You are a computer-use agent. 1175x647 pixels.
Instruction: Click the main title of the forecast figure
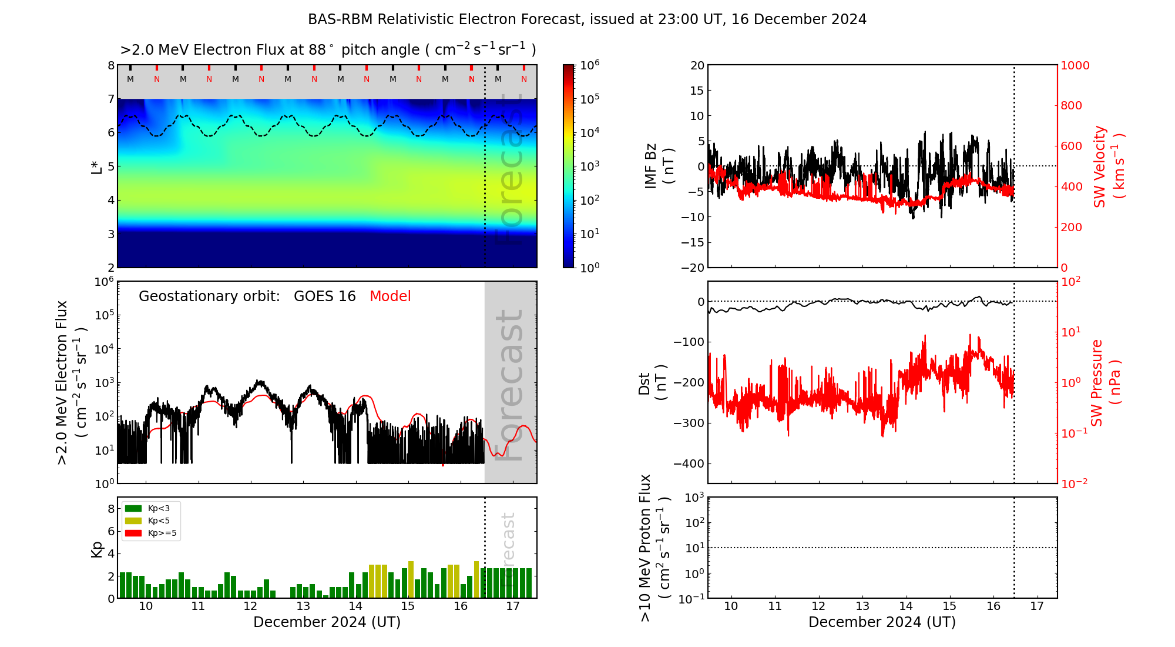[x=587, y=19]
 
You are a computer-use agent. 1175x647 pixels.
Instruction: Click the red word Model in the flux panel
[x=390, y=296]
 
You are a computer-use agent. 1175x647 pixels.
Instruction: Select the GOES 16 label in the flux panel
[x=325, y=296]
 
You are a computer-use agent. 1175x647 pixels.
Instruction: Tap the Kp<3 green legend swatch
[x=133, y=508]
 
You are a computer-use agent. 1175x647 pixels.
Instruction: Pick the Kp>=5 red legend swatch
[x=133, y=533]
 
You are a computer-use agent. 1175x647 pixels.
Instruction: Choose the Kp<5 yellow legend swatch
[x=133, y=521]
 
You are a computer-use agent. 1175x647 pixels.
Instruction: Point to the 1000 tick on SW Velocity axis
[x=1075, y=65]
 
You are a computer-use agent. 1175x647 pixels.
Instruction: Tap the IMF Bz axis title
[x=659, y=166]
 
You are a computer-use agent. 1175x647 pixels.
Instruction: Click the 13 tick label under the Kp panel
[x=303, y=606]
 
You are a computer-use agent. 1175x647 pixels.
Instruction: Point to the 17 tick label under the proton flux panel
[x=1037, y=606]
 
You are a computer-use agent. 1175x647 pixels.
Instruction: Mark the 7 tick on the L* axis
[x=110, y=99]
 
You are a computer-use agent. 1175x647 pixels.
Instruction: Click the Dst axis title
[x=652, y=382]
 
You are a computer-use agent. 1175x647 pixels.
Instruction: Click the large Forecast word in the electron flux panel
[x=509, y=385]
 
